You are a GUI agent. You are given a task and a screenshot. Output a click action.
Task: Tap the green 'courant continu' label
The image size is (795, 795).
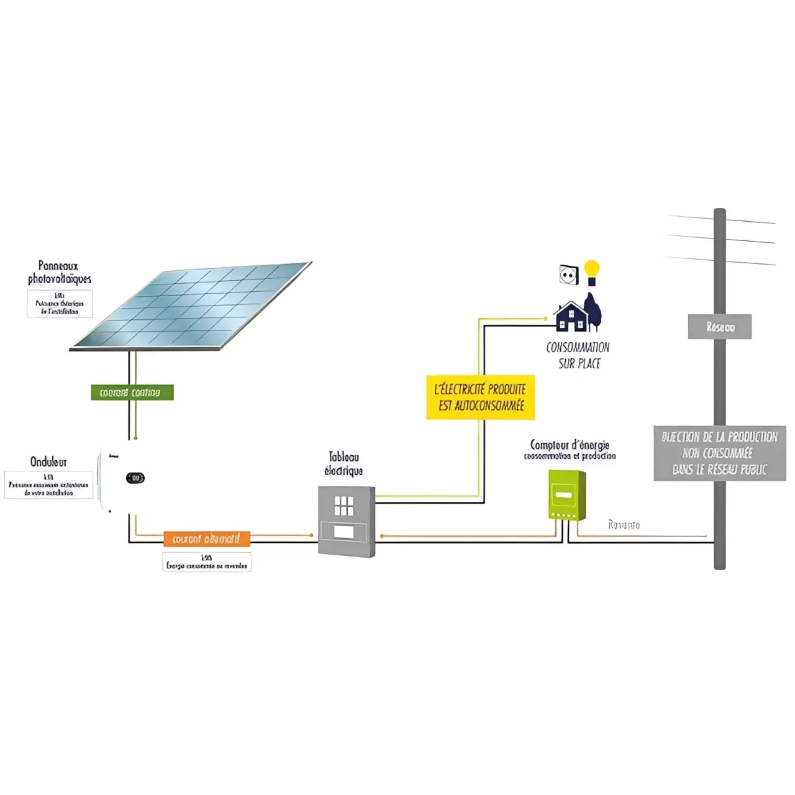click(132, 393)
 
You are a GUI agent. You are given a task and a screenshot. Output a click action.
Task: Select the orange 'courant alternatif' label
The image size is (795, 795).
click(206, 538)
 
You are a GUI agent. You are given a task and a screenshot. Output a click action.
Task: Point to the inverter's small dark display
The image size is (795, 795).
click(135, 478)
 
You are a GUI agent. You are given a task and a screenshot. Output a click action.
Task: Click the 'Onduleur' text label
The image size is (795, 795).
click(48, 462)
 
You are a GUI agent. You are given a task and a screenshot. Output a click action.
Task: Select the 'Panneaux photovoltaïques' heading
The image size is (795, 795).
click(60, 273)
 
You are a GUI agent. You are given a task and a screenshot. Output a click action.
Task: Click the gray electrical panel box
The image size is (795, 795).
click(347, 520)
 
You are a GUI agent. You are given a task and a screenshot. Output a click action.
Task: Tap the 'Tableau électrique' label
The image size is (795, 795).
click(343, 464)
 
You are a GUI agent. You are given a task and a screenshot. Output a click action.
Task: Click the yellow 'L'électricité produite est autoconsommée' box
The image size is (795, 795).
click(480, 397)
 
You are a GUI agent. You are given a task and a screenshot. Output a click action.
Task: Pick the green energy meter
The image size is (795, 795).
click(567, 495)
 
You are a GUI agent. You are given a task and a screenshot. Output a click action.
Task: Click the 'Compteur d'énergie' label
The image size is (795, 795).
click(570, 445)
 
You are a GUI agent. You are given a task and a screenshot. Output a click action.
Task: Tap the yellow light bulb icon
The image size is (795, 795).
click(592, 272)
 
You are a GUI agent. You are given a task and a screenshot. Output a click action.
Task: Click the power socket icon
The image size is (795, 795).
click(569, 275)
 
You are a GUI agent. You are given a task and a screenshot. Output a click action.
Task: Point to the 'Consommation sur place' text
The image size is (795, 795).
click(578, 355)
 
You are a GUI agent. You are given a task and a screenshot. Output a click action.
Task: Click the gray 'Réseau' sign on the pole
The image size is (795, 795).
click(719, 327)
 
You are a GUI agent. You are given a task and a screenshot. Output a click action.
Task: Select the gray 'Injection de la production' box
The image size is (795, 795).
click(719, 453)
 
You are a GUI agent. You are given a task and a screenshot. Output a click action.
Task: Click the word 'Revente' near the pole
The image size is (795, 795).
click(624, 525)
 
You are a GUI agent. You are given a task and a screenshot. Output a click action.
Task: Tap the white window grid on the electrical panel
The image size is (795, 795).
click(343, 506)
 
